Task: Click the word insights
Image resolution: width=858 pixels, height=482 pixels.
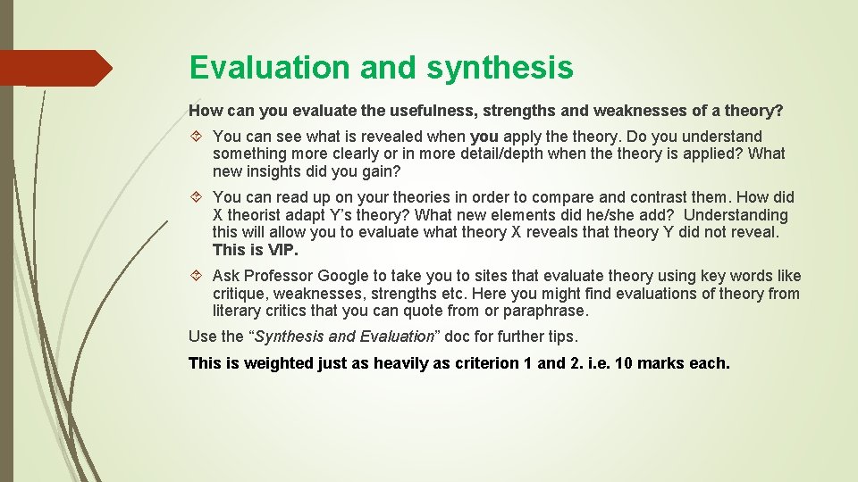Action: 285,171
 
